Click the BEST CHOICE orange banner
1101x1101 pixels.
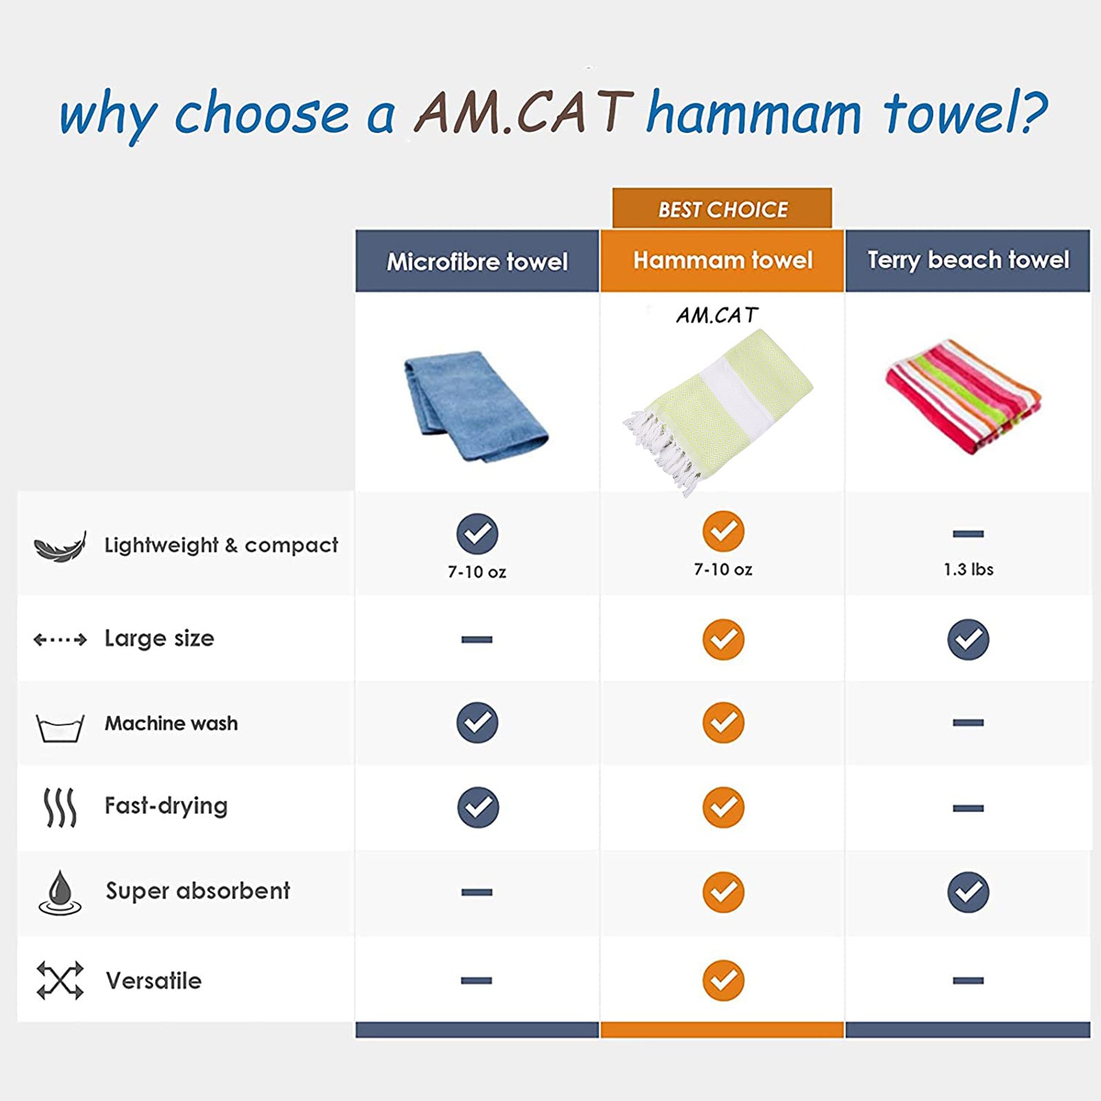[x=722, y=208]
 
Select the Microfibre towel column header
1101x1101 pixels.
[x=477, y=261]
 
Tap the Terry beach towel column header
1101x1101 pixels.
[x=968, y=261]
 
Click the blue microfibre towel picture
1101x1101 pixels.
[x=475, y=406]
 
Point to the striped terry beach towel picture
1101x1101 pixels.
[x=963, y=397]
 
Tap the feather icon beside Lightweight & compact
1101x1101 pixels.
[x=61, y=546]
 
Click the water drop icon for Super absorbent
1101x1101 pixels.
[x=60, y=892]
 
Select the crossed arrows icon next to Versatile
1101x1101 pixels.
[x=60, y=980]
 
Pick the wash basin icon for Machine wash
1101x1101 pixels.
[x=60, y=728]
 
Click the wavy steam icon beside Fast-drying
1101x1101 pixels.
[x=60, y=807]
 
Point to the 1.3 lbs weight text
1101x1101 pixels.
[x=968, y=569]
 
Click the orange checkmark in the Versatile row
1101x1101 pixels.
[x=723, y=980]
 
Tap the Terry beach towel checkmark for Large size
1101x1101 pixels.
[x=968, y=639]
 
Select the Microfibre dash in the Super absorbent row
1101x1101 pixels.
[x=477, y=892]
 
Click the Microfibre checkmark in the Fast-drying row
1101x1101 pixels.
[x=478, y=807]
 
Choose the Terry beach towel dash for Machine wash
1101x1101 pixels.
[x=968, y=723]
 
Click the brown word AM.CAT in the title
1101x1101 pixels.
[x=523, y=112]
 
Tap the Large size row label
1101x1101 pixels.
[x=159, y=639]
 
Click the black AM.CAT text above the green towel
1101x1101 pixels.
[x=717, y=315]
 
